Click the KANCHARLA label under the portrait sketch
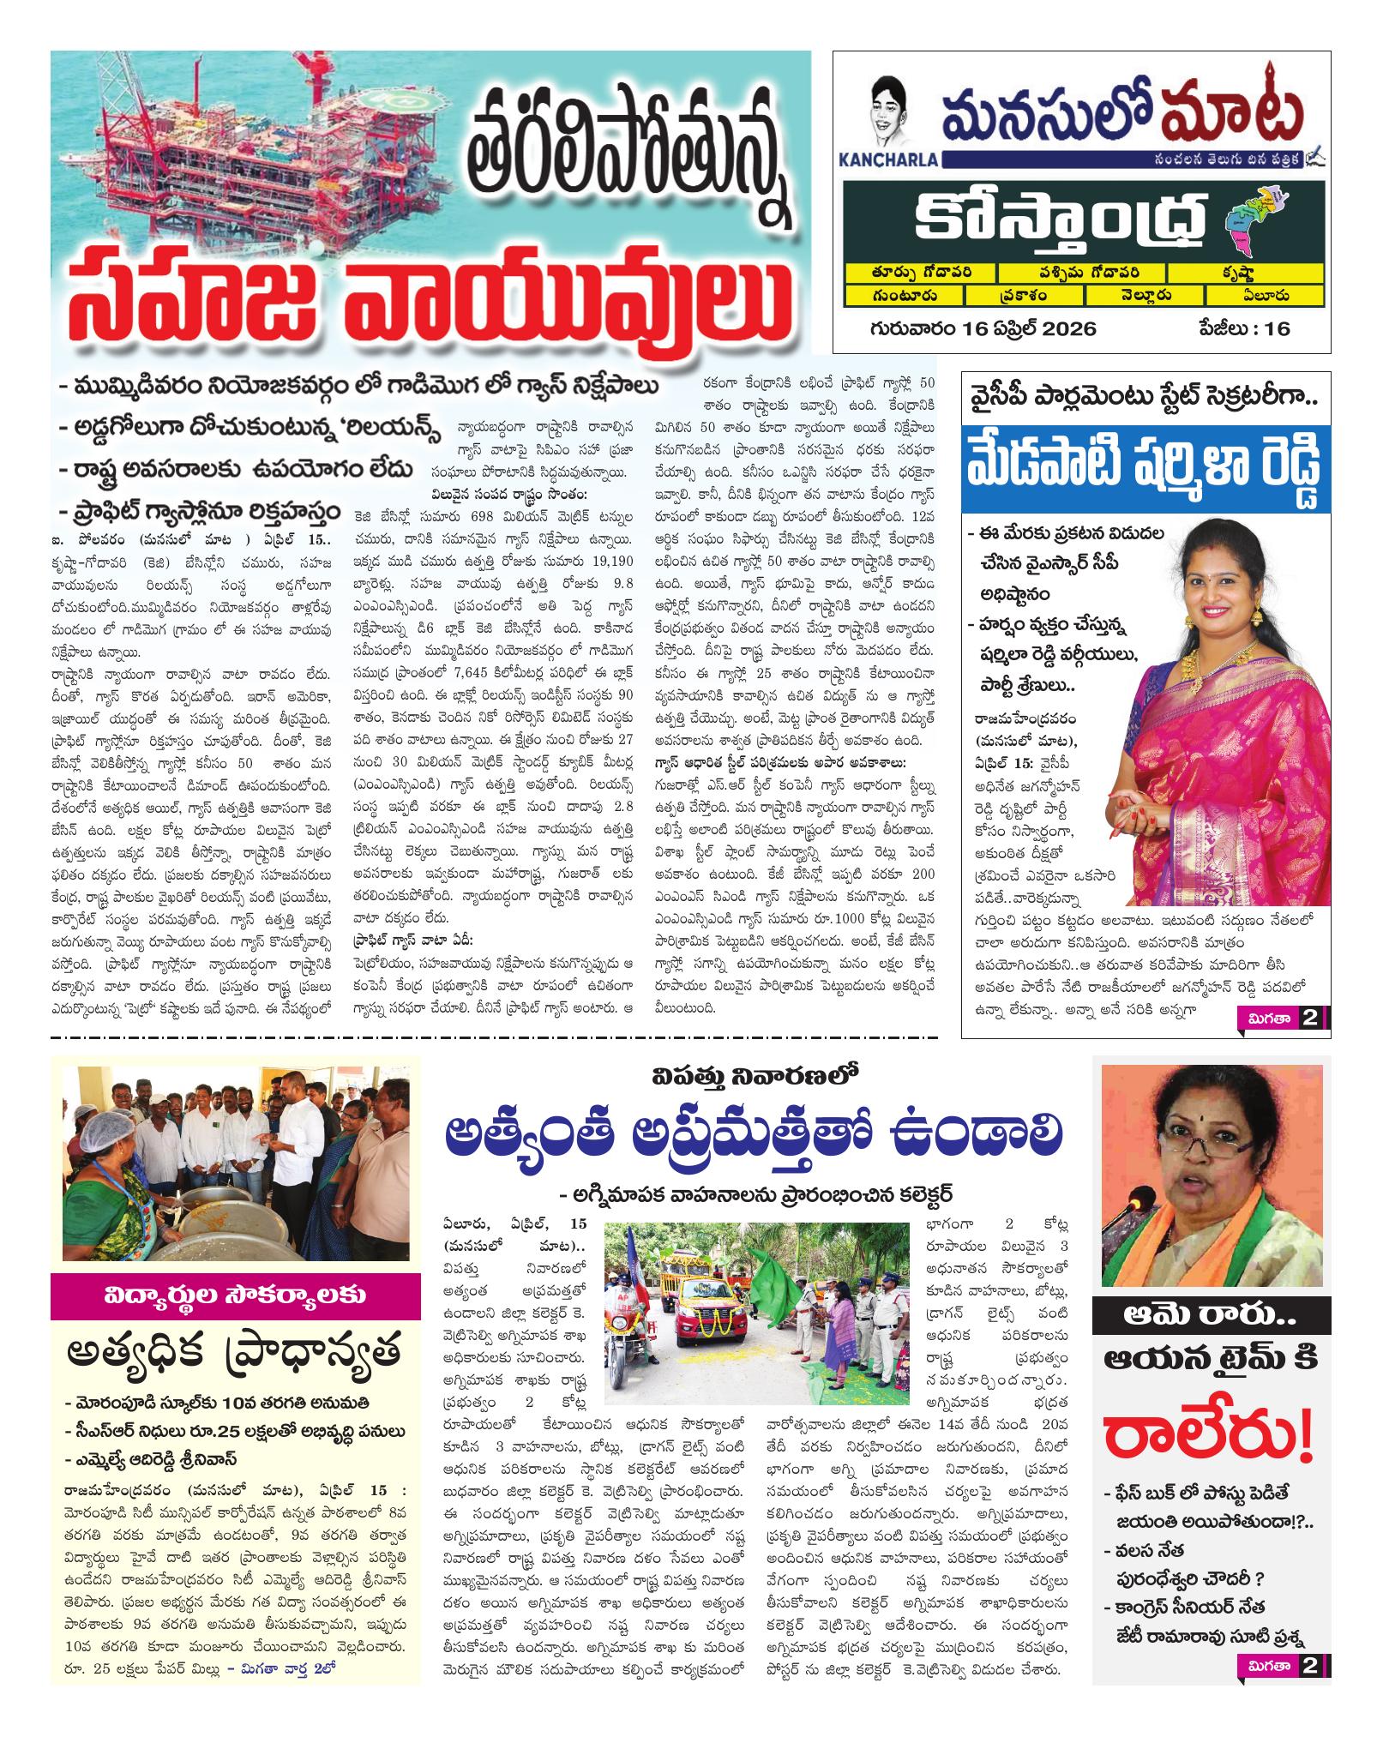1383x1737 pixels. pos(895,159)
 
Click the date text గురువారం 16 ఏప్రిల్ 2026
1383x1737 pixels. pos(982,328)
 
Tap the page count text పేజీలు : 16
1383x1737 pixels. pos(1244,328)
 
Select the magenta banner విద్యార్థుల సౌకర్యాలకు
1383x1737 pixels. pos(235,1296)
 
